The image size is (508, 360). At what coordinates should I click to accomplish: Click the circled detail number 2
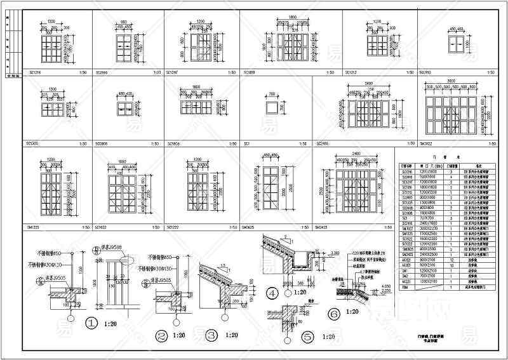click(162, 335)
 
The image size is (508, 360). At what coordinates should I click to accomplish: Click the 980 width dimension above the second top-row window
click(124, 21)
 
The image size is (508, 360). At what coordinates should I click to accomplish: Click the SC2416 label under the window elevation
click(322, 144)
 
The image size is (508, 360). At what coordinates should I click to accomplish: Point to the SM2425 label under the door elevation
click(322, 226)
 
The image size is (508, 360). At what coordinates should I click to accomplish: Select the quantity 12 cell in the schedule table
click(451, 260)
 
